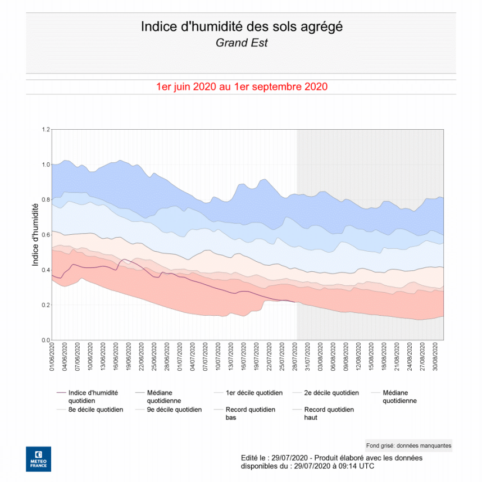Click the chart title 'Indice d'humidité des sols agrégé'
(x=241, y=26)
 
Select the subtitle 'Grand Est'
(x=241, y=43)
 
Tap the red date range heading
(x=242, y=87)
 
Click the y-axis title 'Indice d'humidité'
(x=35, y=235)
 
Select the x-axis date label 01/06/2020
(x=52, y=357)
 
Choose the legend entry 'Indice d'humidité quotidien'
(x=93, y=397)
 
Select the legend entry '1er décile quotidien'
(x=254, y=393)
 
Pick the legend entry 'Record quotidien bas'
(x=250, y=413)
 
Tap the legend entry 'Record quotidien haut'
(x=329, y=413)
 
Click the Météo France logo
(x=38, y=459)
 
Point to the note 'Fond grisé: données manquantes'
(x=408, y=445)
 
